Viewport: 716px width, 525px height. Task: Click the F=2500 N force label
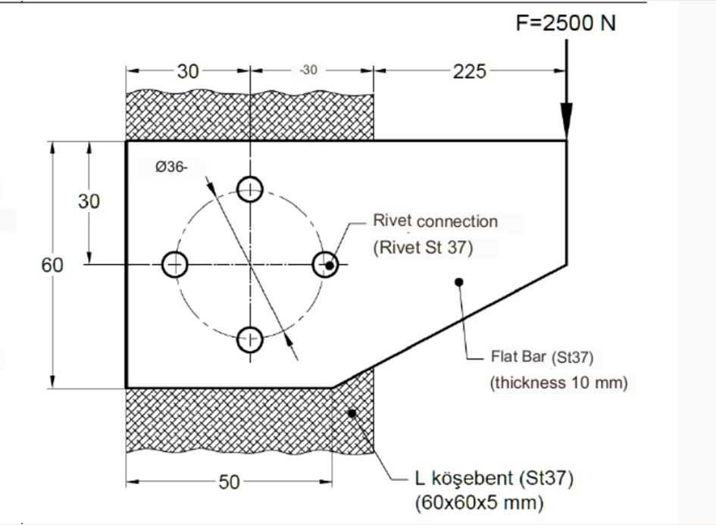(565, 23)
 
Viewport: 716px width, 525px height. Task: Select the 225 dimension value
(469, 71)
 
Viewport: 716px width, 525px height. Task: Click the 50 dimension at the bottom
(229, 482)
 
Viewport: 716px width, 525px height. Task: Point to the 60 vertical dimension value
(52, 265)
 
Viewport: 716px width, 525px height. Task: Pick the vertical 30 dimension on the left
(89, 202)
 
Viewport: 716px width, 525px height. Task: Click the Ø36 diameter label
(171, 167)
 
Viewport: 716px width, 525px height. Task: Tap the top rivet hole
(250, 189)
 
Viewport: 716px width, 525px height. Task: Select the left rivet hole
(175, 264)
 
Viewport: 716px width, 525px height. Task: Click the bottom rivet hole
(250, 340)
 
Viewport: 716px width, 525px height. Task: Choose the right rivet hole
(325, 264)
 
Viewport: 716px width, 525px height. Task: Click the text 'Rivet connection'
(436, 221)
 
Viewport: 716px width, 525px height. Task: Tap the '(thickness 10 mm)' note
(559, 383)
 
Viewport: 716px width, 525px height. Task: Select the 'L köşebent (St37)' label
(494, 479)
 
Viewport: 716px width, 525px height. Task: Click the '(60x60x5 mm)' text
(479, 502)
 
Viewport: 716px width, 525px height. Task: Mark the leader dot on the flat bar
(458, 282)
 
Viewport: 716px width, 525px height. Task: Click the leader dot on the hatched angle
(352, 412)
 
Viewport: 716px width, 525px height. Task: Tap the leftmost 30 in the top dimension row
(188, 71)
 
